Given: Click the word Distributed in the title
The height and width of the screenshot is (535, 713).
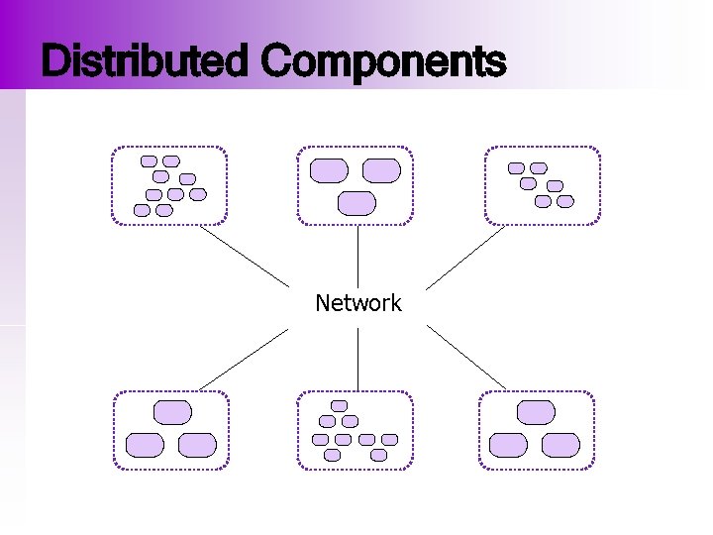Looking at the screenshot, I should click(x=147, y=61).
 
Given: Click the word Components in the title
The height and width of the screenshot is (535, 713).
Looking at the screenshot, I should click(x=383, y=61).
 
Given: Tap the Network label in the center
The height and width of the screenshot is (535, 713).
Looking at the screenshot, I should click(x=357, y=303).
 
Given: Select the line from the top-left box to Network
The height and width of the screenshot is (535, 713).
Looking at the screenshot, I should click(x=245, y=257).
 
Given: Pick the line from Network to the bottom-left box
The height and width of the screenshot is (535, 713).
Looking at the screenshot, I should click(x=245, y=357).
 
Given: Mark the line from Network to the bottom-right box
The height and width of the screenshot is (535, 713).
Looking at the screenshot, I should click(x=466, y=357).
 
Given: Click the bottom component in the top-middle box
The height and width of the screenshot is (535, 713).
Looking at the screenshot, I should click(x=357, y=203).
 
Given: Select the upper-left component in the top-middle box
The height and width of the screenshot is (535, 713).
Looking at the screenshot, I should click(x=329, y=170).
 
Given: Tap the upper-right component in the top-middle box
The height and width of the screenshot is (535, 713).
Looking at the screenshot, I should click(x=381, y=170).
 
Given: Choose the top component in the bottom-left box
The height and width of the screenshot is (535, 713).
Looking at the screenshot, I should click(x=172, y=412).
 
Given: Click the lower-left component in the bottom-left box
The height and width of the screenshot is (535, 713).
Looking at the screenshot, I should click(x=145, y=445).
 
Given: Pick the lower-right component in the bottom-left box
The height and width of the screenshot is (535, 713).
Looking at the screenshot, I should click(x=197, y=445).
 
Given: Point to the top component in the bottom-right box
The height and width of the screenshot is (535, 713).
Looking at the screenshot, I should click(x=536, y=412).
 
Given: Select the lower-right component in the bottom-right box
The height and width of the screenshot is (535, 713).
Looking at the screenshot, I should click(x=560, y=445).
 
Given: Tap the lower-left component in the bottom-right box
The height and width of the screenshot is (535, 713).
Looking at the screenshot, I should click(x=509, y=445).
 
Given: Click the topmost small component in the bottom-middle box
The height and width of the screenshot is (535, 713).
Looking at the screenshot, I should click(x=339, y=405).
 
